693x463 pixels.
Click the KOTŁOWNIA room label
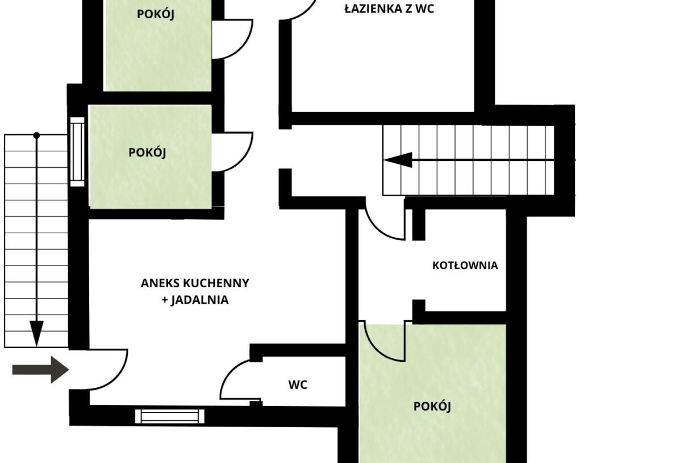pos(465,266)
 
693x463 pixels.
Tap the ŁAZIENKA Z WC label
pos(389,9)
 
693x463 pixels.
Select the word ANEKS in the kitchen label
pos(160,283)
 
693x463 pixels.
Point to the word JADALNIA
pos(199,300)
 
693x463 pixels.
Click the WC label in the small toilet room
pos(298,385)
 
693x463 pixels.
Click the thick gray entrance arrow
pos(40,370)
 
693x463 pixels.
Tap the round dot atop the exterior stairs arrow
pos(36,135)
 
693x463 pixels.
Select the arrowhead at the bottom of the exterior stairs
pos(36,333)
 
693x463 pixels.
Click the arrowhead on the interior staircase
pos(398,160)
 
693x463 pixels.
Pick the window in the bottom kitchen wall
pos(170,416)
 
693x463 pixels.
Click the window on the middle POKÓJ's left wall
pos(77,152)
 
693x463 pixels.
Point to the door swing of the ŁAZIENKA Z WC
pos(306,12)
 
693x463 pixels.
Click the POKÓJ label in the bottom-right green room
pos(432,406)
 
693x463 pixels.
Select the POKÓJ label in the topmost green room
pos(156,14)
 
